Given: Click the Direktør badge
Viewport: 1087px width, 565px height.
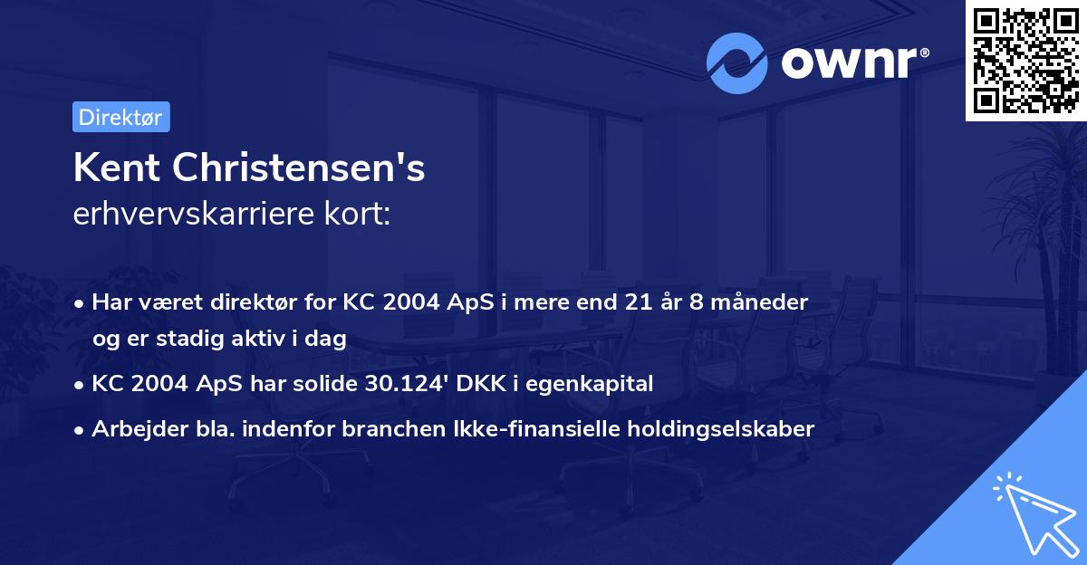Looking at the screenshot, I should point(120,117).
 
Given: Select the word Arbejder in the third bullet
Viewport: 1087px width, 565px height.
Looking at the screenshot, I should point(134,429).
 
